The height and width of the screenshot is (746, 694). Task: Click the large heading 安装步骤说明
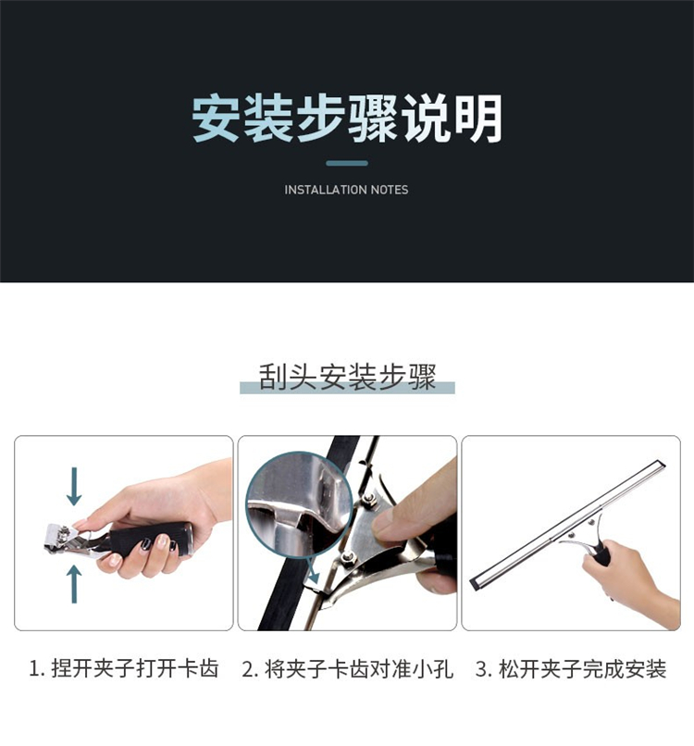347,118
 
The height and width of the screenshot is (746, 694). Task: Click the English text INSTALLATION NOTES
346,190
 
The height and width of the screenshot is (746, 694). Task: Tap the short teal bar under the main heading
347,163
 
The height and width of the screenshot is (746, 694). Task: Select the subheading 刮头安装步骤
347,378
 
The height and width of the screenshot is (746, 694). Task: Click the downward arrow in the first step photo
74,486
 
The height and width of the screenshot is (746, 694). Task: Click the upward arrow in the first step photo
74,584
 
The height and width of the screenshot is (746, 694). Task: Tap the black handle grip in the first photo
151,540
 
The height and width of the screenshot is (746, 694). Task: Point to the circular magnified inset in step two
299,504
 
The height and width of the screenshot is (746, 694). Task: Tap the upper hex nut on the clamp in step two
368,499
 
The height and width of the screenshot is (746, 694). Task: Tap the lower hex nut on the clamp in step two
346,555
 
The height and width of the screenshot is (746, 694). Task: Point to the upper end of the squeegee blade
661,464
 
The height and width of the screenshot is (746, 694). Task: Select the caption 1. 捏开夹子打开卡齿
124,668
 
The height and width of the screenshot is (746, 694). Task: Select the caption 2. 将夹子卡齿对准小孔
347,669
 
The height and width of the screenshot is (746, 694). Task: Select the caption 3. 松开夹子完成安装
571,669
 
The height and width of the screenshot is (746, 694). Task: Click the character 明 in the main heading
478,118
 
